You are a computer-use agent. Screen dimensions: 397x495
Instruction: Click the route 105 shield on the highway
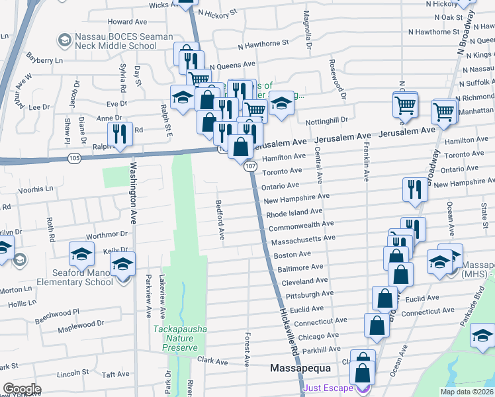(x=74, y=158)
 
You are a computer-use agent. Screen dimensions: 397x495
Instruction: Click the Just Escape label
(x=329, y=388)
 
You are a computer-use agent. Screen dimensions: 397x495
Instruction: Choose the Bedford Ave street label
(x=220, y=220)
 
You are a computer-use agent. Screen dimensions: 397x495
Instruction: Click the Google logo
(x=22, y=389)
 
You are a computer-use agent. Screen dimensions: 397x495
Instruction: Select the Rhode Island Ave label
(x=294, y=213)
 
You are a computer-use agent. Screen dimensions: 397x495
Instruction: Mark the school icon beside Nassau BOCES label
(x=64, y=41)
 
